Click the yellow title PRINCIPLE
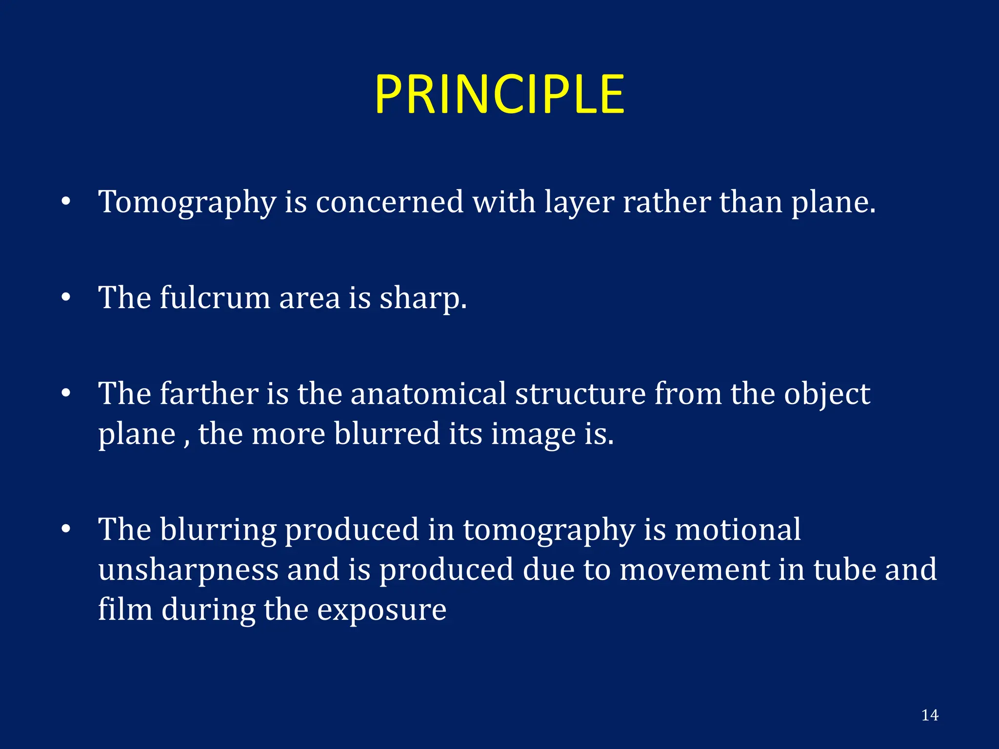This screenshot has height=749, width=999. (499, 95)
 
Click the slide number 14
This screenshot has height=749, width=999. (930, 715)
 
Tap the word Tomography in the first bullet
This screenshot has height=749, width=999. (187, 202)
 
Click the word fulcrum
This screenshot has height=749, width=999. (215, 297)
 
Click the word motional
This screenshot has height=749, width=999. (738, 530)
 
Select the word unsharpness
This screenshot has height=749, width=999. (188, 570)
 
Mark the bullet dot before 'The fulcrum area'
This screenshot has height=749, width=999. (66, 297)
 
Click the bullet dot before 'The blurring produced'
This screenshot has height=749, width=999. (66, 530)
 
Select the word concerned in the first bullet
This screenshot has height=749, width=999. (389, 201)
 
